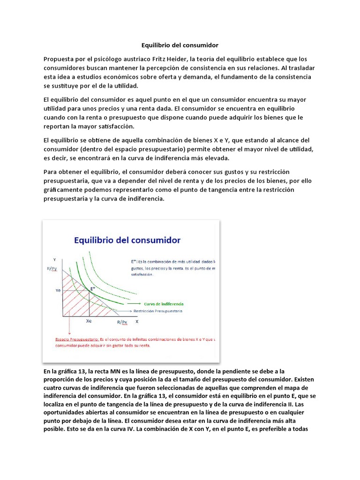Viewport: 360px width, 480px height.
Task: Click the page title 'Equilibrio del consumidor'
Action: (180, 45)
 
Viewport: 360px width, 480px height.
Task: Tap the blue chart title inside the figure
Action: (127, 240)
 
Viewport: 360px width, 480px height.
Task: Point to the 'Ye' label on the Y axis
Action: (58, 291)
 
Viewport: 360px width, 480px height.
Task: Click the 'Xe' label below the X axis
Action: (89, 322)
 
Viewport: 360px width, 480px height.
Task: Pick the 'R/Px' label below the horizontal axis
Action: (122, 322)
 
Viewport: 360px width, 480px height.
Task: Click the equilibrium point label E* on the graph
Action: (93, 289)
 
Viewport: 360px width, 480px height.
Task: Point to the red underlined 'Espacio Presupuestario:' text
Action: (70, 338)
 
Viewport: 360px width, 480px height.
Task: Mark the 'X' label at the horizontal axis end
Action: (137, 322)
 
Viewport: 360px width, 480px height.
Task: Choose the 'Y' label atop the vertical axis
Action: (55, 259)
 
